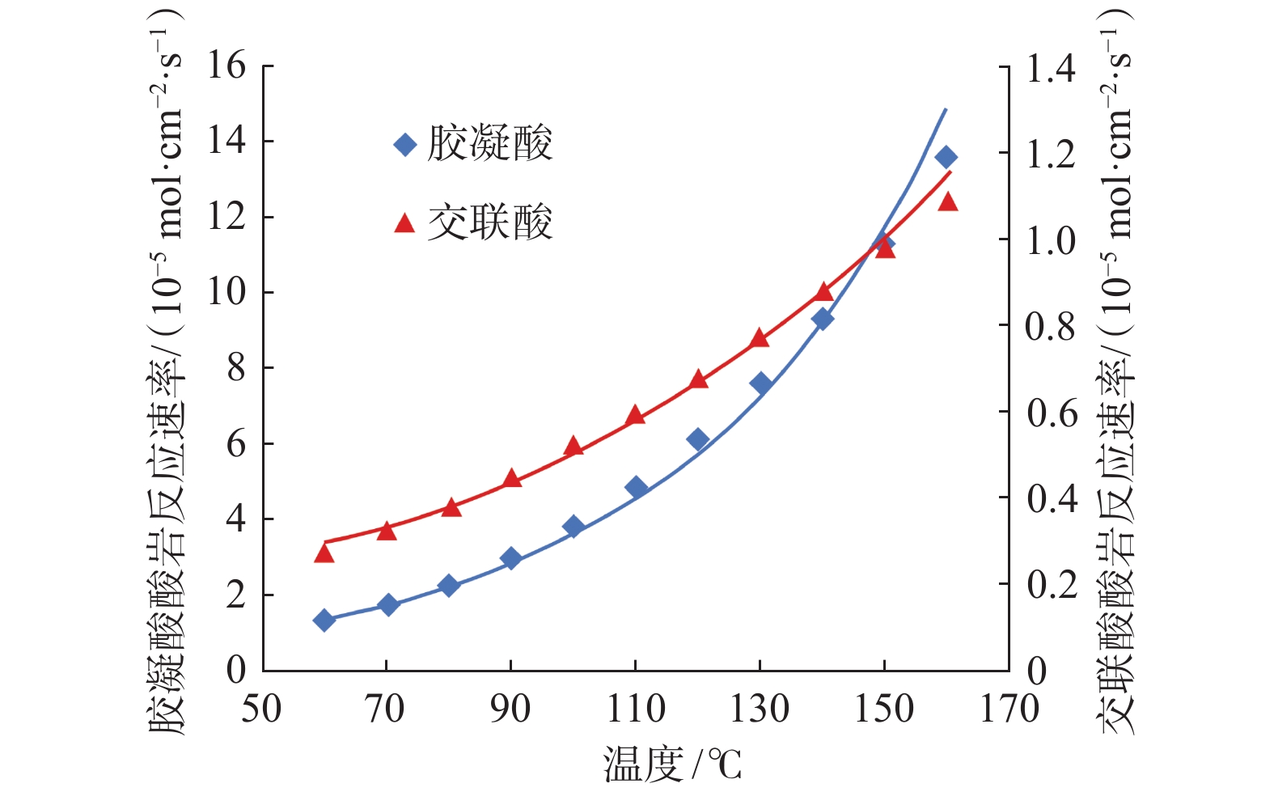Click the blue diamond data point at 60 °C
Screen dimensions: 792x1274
(324, 620)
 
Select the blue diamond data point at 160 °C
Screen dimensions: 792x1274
(946, 157)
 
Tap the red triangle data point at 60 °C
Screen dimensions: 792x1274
(324, 553)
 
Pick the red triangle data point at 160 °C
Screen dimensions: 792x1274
(948, 201)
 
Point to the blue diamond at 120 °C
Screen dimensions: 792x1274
(698, 439)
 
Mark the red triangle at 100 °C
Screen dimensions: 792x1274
(574, 446)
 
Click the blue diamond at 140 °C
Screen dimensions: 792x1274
(823, 319)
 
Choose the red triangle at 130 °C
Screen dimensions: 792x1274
(760, 338)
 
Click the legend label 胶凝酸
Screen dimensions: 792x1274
(490, 145)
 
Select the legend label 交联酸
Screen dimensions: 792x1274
(490, 222)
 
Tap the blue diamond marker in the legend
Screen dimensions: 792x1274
(404, 145)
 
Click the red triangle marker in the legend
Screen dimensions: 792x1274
(404, 222)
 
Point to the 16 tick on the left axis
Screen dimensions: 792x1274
(226, 66)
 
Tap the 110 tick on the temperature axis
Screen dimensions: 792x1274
(636, 709)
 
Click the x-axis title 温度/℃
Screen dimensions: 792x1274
(671, 764)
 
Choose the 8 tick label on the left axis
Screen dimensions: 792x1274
(235, 368)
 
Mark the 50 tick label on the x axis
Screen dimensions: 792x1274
(262, 709)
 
